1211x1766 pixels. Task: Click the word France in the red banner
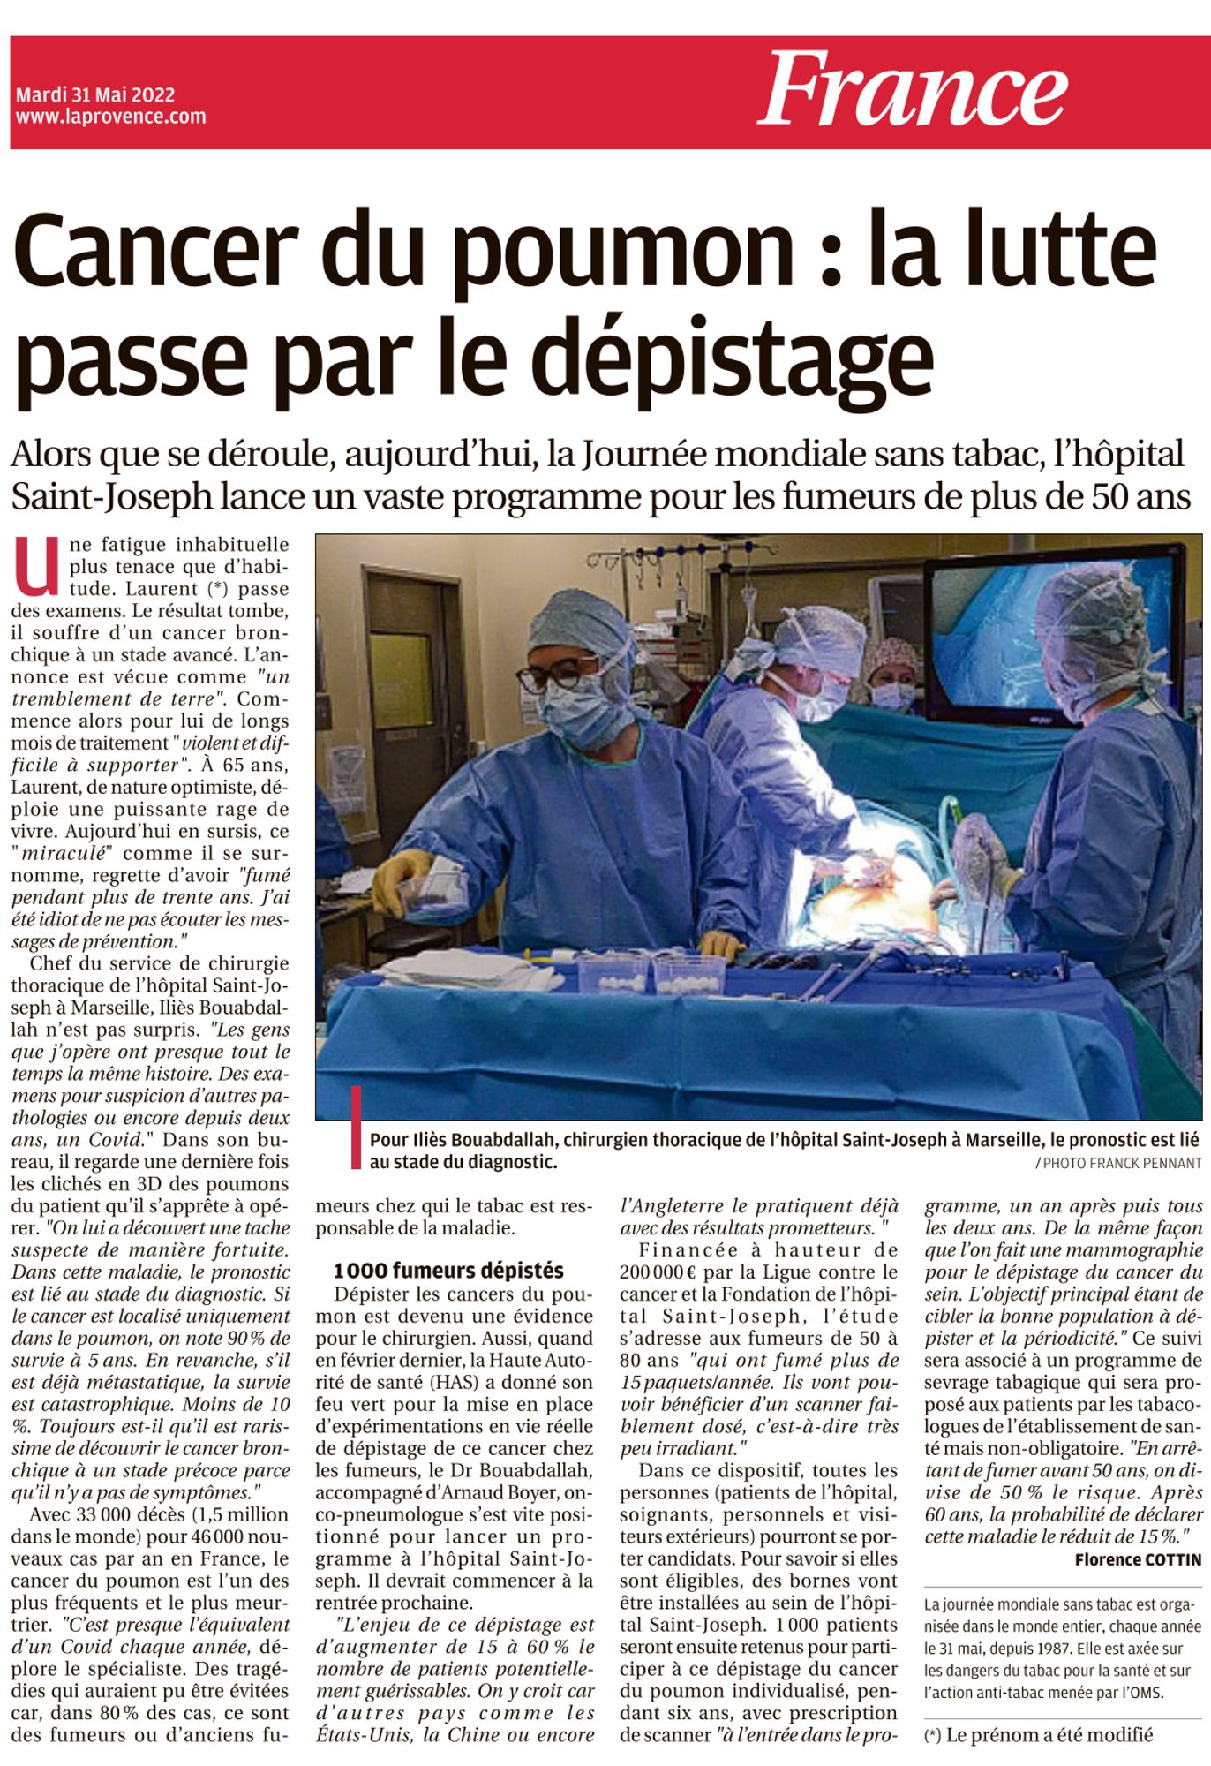pos(913,89)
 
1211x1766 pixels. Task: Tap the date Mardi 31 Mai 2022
pos(95,94)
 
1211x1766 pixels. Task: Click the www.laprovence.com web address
pos(110,116)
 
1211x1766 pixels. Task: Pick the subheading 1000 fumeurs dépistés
pos(448,1271)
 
